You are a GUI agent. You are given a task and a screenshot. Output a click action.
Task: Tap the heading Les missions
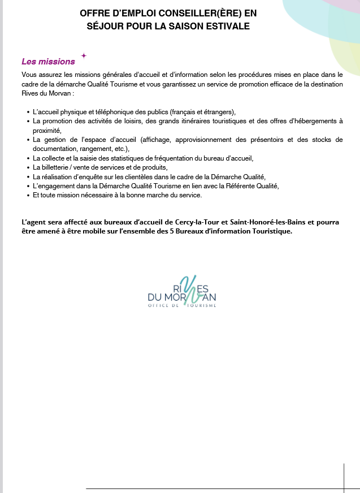[x=48, y=62]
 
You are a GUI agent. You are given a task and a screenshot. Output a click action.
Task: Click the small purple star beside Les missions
[x=84, y=55]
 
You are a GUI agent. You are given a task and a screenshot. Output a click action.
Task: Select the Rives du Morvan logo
[x=181, y=292]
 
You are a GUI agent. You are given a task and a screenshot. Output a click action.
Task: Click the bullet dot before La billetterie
[x=28, y=168]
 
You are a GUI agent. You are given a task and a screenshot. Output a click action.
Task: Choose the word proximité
[x=47, y=131]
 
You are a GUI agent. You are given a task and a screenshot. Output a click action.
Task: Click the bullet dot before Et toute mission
[x=28, y=196]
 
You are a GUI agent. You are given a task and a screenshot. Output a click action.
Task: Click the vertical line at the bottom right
[x=344, y=478]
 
